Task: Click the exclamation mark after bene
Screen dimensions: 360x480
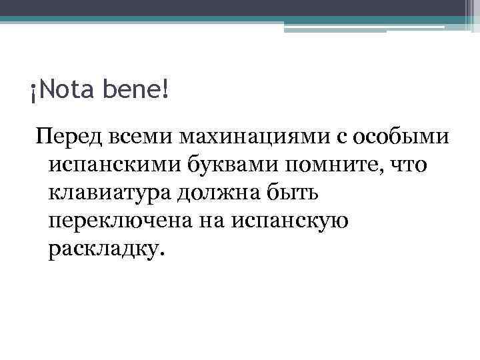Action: [165, 89]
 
